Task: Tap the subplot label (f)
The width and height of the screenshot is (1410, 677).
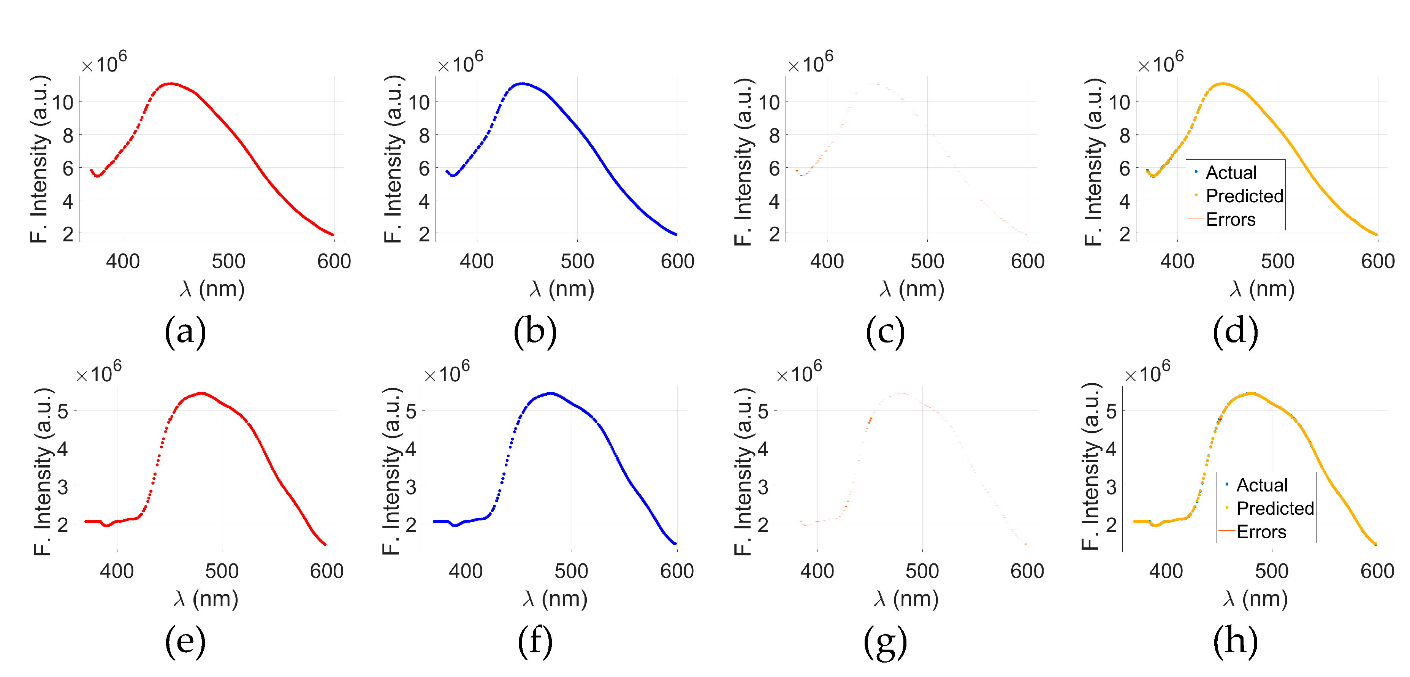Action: coord(535,641)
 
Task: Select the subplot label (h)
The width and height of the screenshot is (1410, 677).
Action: coord(1236,641)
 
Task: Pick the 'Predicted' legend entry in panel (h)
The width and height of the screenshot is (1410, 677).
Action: coord(1275,509)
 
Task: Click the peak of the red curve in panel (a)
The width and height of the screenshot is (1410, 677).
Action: coord(171,84)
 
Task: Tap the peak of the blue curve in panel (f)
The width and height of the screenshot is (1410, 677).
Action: coord(551,393)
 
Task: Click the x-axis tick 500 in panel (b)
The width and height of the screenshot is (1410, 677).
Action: coord(577,261)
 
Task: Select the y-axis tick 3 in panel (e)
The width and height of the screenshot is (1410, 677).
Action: coord(62,487)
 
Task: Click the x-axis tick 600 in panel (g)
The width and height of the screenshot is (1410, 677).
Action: coord(1027,571)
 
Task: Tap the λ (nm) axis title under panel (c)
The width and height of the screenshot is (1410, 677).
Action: coord(912,289)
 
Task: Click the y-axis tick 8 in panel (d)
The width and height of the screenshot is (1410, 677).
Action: coord(1124,135)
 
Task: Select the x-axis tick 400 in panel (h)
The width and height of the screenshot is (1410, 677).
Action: coord(1166,571)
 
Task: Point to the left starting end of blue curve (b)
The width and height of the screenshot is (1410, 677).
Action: coord(447,171)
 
